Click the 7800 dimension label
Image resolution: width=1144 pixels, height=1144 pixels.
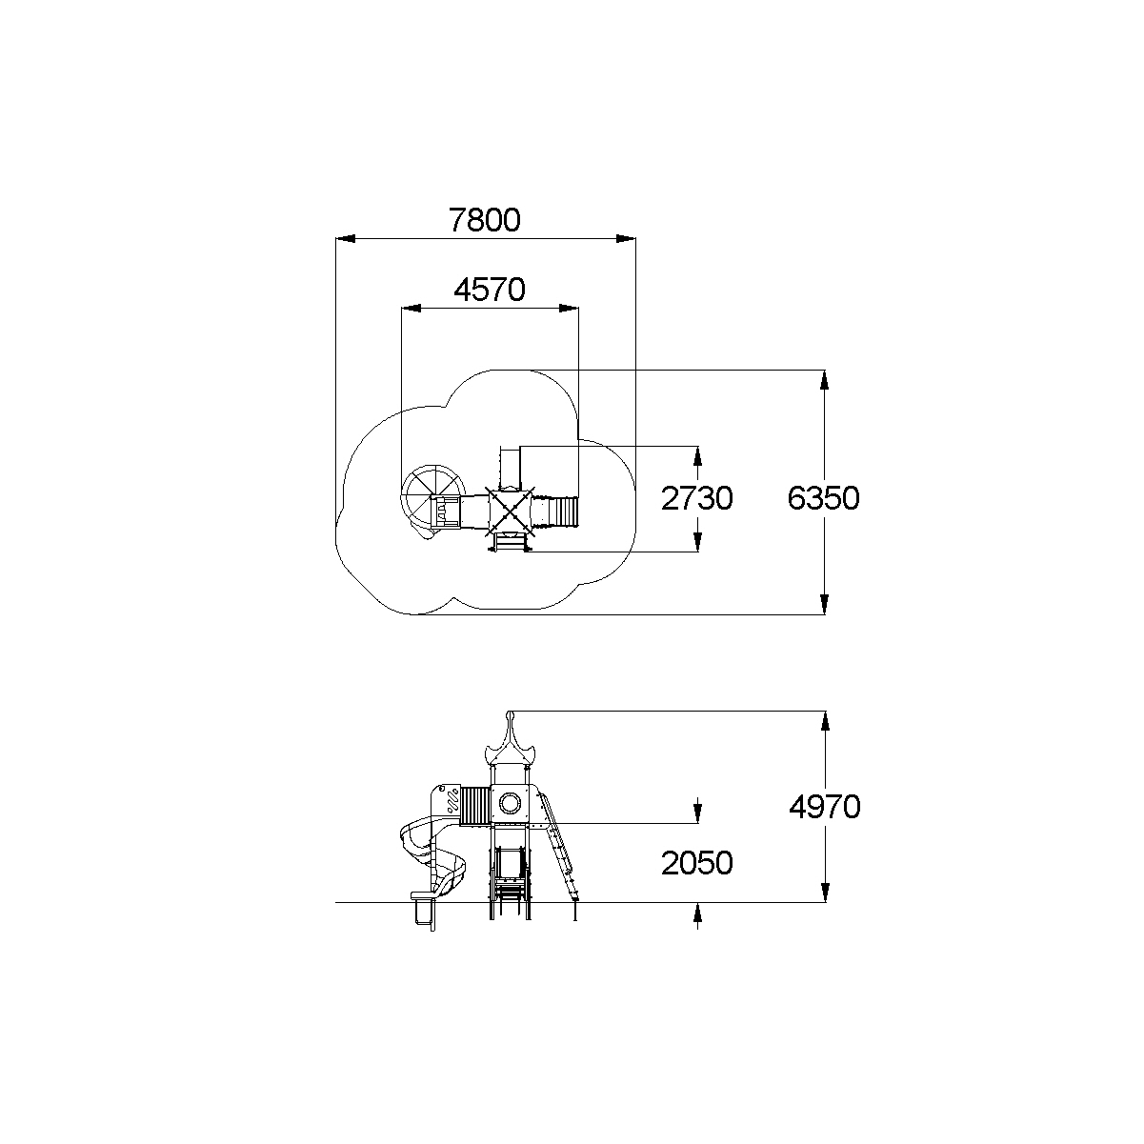485,220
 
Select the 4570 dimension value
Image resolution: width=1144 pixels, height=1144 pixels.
490,290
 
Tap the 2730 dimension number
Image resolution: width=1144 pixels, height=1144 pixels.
697,498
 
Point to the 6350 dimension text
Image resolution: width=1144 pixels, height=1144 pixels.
823,498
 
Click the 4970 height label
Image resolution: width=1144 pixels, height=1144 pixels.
825,807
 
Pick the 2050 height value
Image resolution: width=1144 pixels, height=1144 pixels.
697,863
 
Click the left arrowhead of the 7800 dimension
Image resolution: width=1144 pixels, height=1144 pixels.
346,239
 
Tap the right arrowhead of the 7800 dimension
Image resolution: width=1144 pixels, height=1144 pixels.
626,239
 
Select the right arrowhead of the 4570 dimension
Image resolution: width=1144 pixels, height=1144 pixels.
569,308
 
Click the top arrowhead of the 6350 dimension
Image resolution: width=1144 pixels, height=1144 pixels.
824,380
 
